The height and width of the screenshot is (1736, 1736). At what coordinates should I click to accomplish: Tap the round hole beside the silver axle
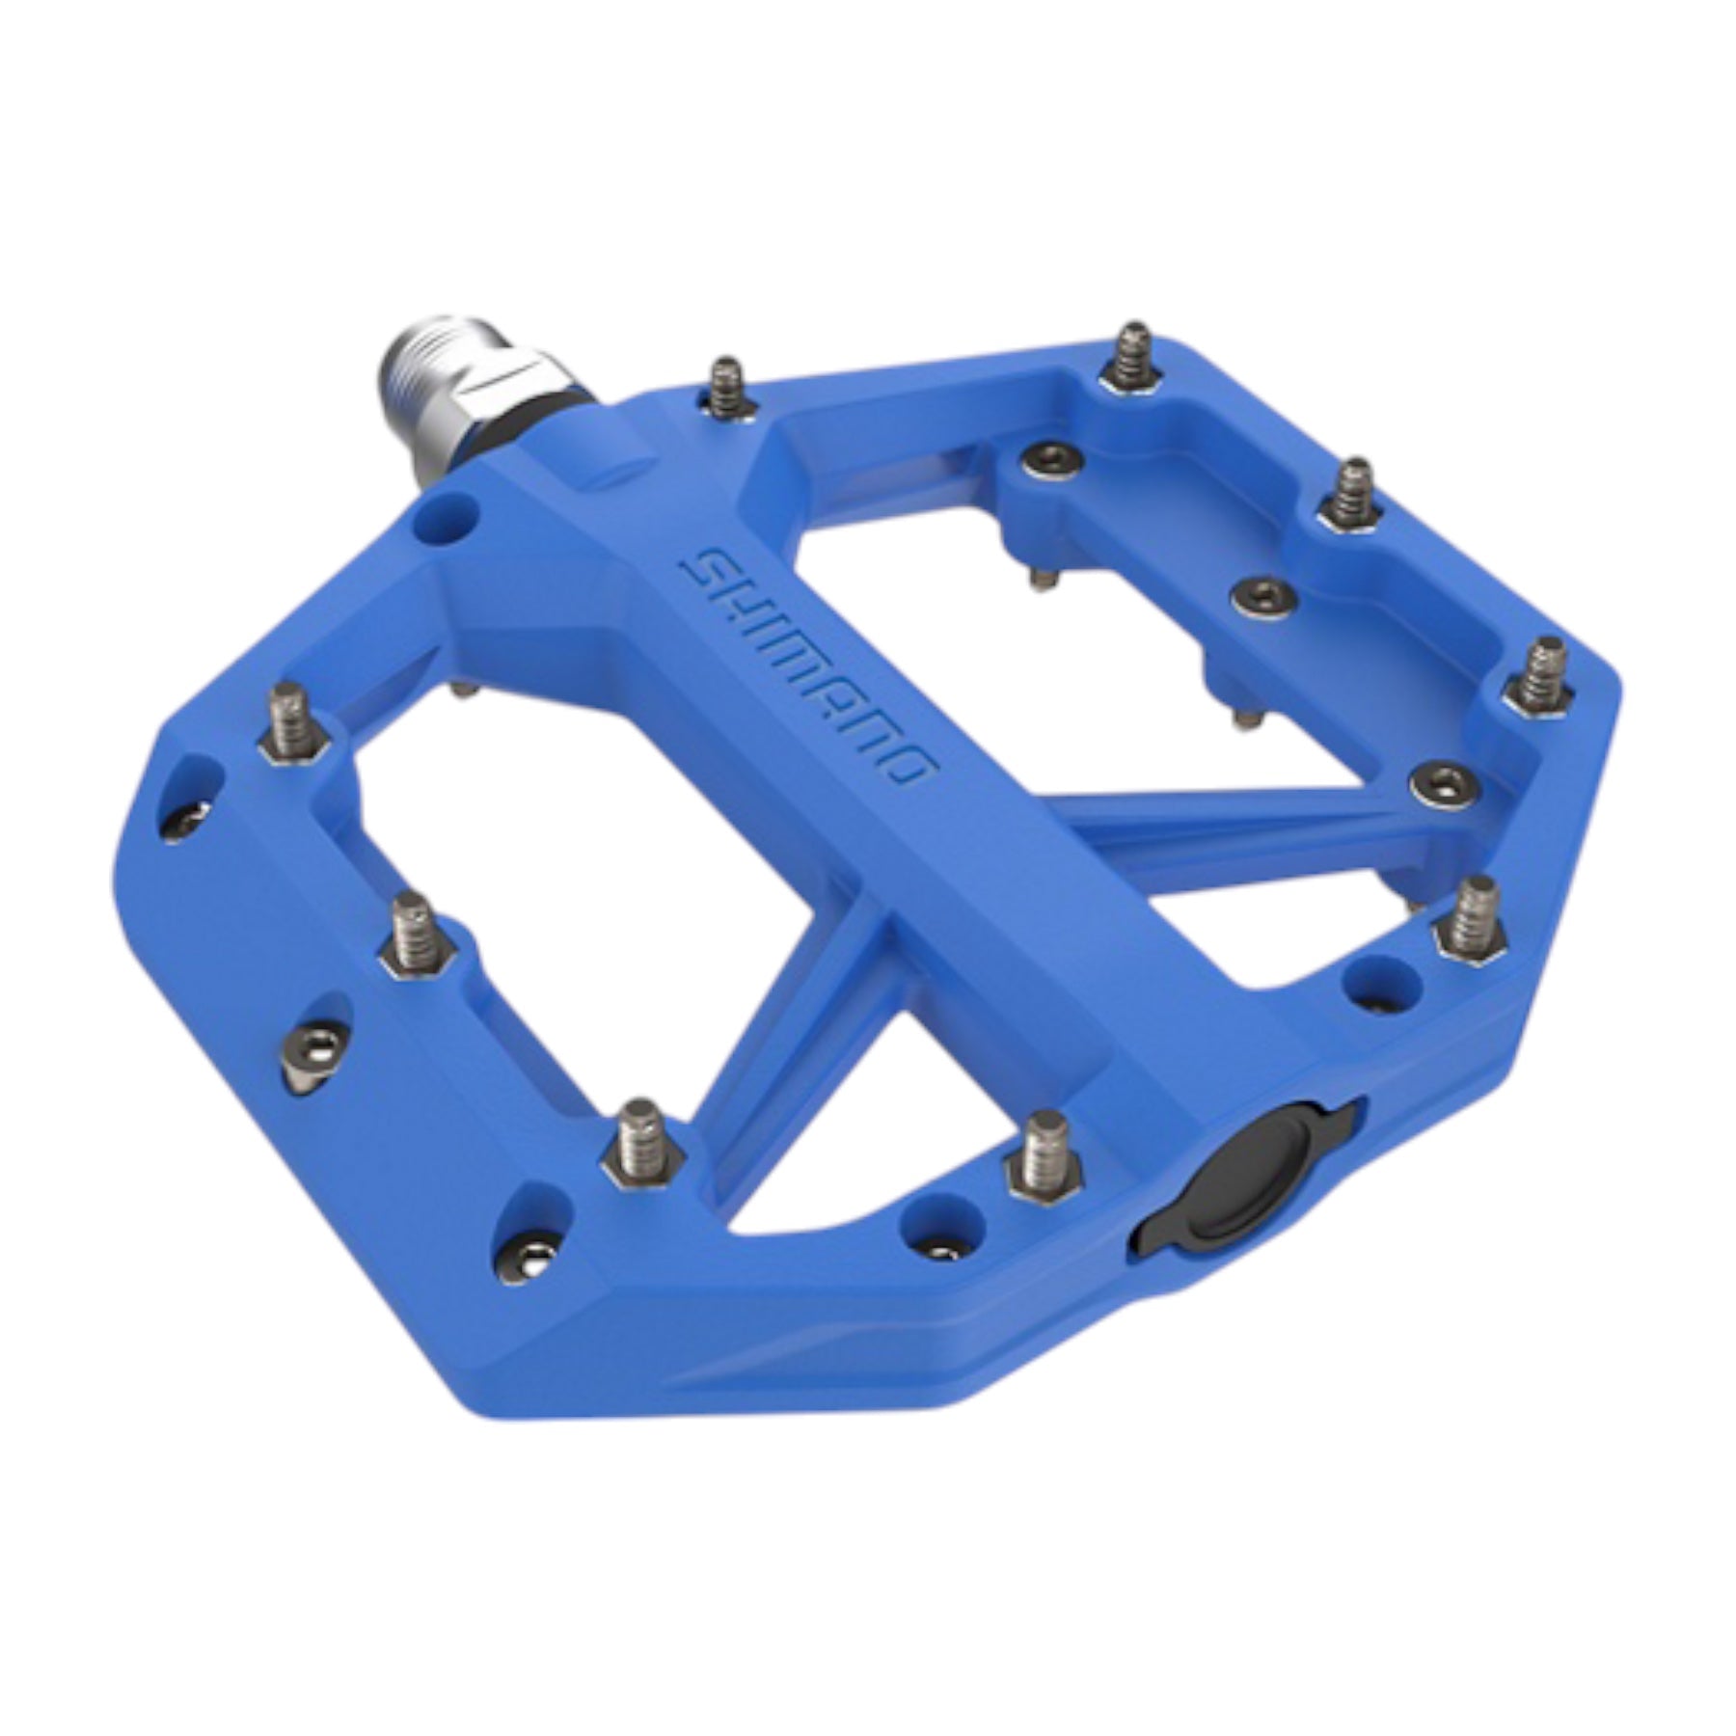(x=445, y=519)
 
